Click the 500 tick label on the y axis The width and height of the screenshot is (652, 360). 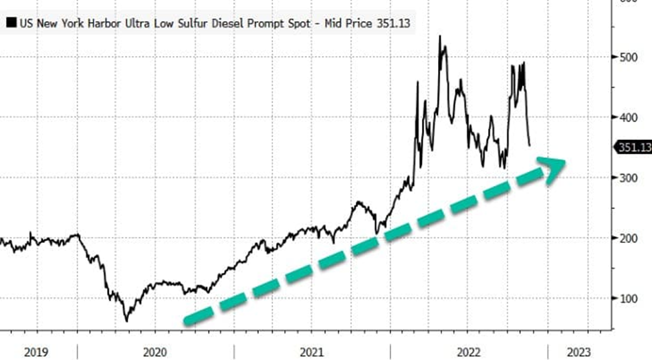[629, 57]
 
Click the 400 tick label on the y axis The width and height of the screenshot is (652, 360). [629, 117]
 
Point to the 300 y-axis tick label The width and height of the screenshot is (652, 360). [629, 177]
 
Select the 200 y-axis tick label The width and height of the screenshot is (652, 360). [629, 238]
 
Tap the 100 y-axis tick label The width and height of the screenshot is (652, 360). [629, 298]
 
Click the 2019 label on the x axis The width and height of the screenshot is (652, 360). [37, 351]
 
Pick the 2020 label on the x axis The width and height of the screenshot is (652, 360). [155, 351]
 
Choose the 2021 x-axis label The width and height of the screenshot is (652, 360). [312, 351]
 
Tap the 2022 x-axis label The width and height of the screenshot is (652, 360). [469, 351]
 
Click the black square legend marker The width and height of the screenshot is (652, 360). [11, 25]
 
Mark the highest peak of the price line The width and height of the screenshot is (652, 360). [440, 36]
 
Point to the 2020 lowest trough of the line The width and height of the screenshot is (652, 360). [126, 321]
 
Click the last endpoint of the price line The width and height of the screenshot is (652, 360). [530, 145]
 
